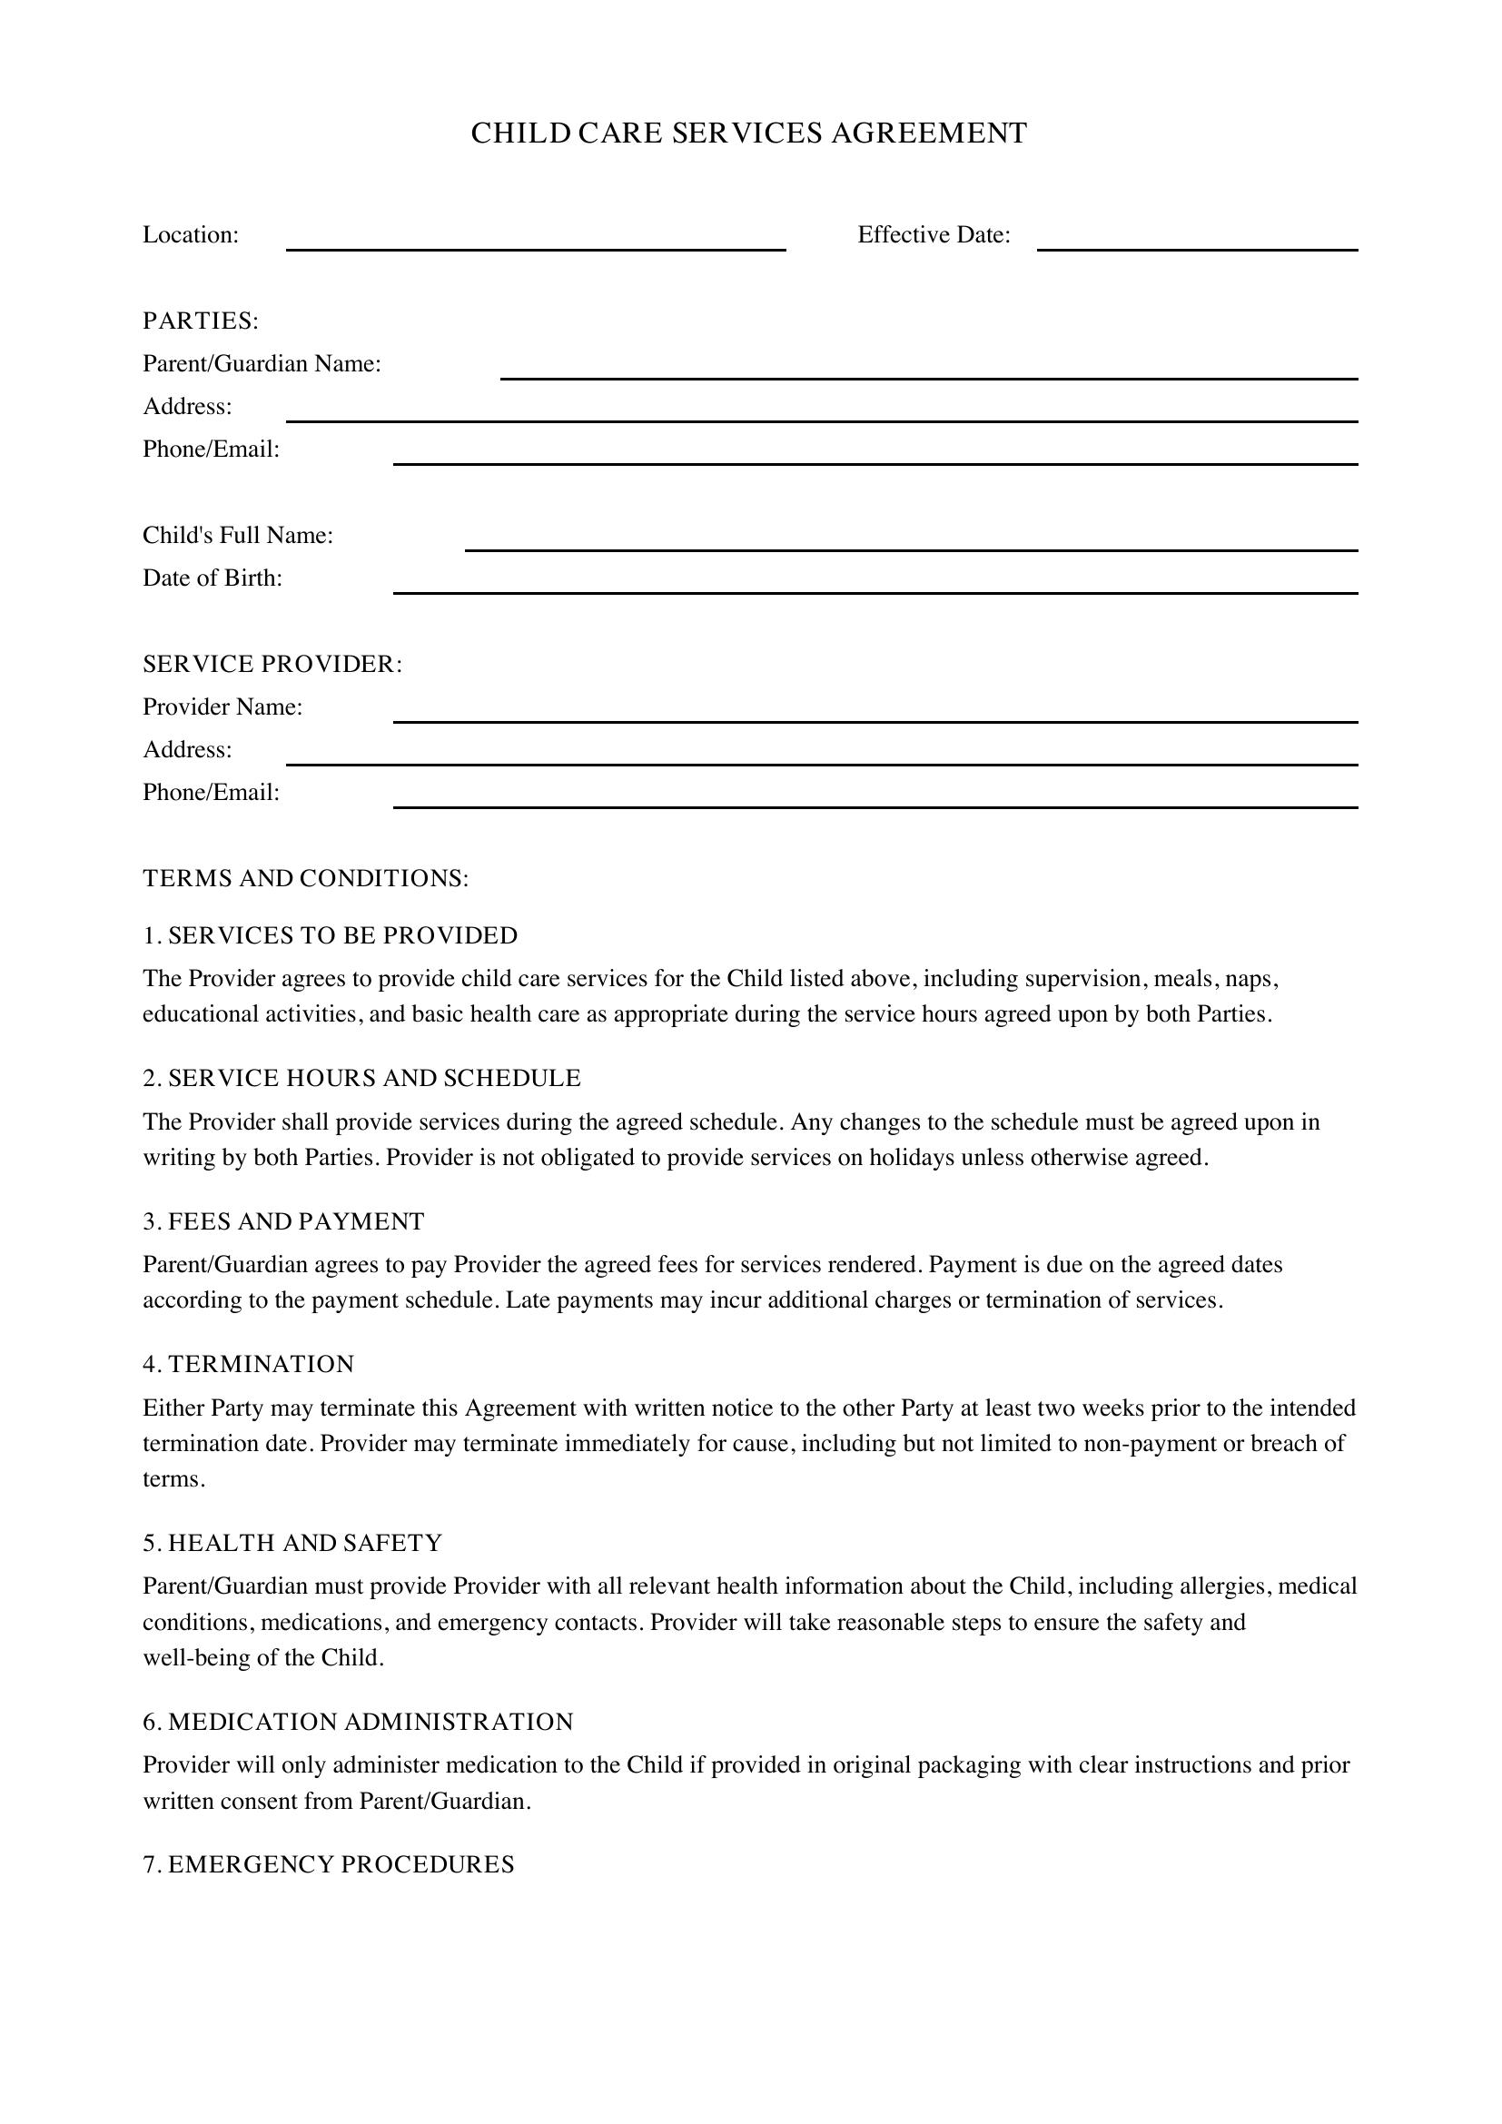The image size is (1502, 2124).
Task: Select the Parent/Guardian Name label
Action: tap(262, 363)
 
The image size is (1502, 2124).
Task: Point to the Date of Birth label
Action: tap(212, 578)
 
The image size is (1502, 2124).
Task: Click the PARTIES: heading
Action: tap(201, 321)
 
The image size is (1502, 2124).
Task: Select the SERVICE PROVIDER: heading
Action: tap(272, 664)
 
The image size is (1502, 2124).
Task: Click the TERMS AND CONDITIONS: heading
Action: tap(305, 878)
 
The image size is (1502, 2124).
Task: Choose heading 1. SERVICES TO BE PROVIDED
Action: tap(331, 935)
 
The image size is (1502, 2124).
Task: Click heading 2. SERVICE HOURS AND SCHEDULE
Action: tap(361, 1078)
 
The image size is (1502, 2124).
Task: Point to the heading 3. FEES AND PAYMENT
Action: tap(283, 1221)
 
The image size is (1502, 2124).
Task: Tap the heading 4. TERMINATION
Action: tap(249, 1364)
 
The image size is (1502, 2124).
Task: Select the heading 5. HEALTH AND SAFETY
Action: tap(292, 1542)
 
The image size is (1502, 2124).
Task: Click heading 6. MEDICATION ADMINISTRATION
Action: tap(358, 1722)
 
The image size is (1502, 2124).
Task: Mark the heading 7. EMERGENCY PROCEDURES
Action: tap(329, 1864)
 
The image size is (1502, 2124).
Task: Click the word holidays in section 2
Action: tap(911, 1157)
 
